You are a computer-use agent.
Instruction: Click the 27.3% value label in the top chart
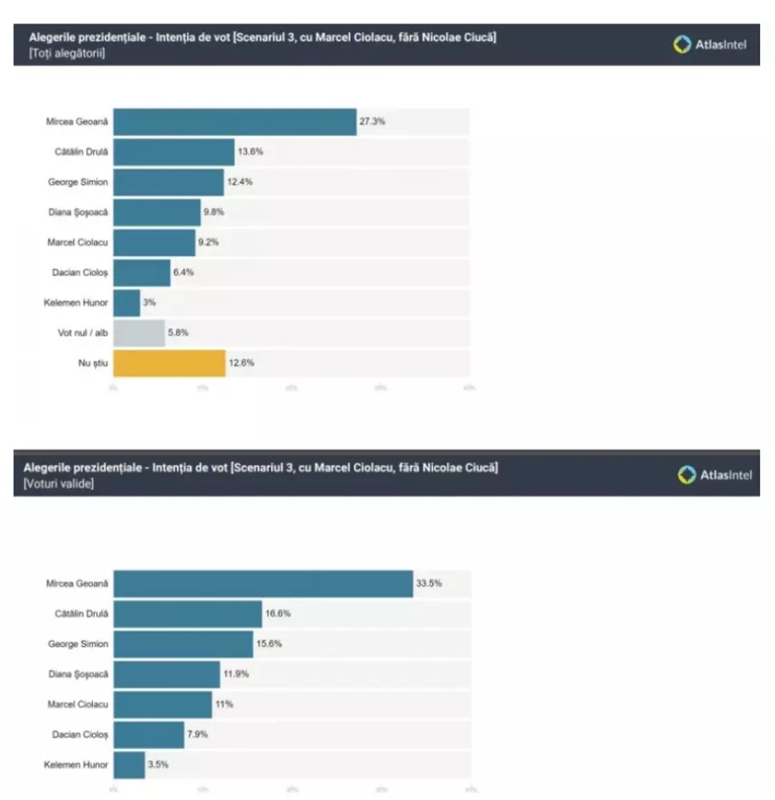(x=371, y=122)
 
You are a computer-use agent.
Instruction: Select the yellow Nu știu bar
(x=170, y=363)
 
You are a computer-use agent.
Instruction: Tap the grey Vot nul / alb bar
(x=139, y=333)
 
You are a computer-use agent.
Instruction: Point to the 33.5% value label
(x=429, y=583)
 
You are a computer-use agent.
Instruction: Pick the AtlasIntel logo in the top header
(x=711, y=43)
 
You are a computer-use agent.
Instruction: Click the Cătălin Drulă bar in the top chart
(x=174, y=152)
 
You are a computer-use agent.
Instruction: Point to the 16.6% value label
(x=278, y=614)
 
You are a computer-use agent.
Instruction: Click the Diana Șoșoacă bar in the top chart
(x=157, y=212)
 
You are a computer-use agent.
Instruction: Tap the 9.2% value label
(x=208, y=243)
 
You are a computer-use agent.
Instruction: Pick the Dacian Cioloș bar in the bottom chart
(x=149, y=735)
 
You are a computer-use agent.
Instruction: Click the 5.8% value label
(x=177, y=333)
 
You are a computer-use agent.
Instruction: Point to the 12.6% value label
(x=241, y=363)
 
